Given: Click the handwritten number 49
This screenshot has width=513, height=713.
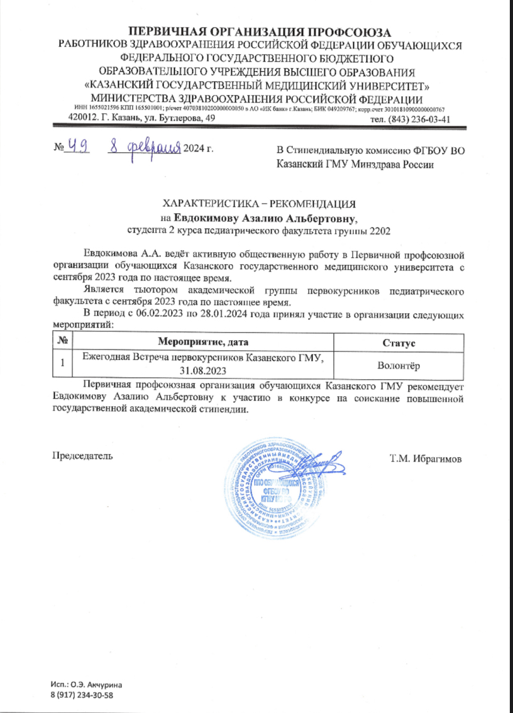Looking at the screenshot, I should click(80, 147).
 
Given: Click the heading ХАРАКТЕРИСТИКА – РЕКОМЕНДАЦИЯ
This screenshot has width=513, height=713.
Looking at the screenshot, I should click(259, 204).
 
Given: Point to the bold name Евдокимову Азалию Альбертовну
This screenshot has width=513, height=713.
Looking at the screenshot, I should click(265, 218).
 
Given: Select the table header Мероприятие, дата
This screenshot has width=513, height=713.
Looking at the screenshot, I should click(202, 342).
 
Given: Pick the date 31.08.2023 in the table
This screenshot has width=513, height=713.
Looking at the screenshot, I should click(202, 370).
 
